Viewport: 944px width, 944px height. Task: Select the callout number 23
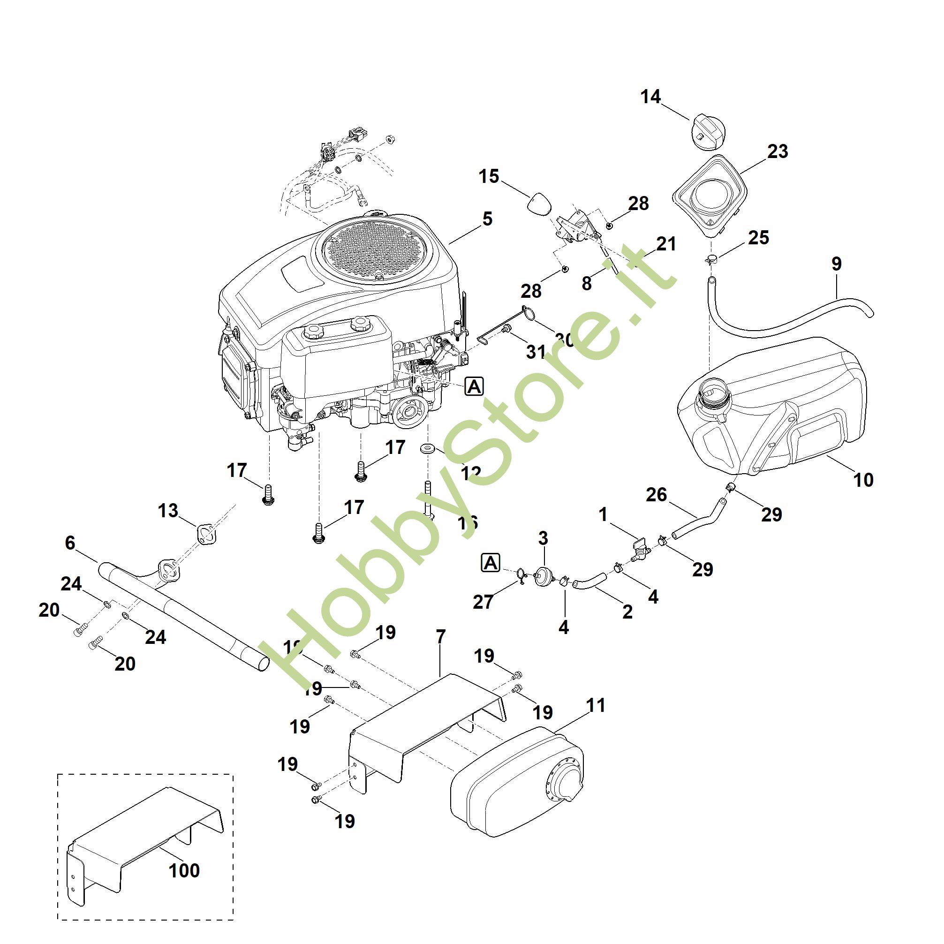(x=778, y=151)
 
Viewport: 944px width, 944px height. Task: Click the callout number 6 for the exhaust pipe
(x=70, y=543)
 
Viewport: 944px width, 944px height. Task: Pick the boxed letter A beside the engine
(x=474, y=386)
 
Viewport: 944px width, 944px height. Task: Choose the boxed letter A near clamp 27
(x=491, y=563)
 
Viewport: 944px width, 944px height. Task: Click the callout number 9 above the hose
(x=837, y=264)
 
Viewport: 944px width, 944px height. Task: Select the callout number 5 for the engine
(x=487, y=219)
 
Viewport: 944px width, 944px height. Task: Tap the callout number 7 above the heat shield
(x=441, y=637)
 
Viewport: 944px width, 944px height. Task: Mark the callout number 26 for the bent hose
(x=656, y=494)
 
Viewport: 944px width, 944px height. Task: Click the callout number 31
(x=536, y=351)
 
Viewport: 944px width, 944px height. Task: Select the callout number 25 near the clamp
(x=758, y=238)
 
